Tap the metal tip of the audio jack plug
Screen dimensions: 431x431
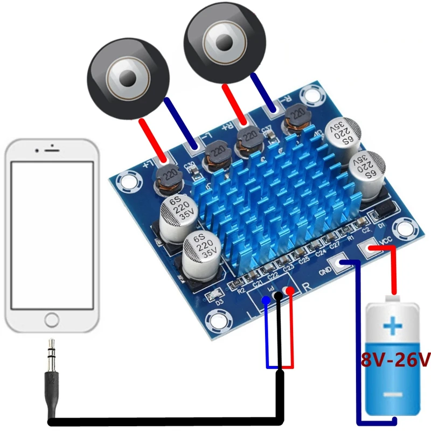52,345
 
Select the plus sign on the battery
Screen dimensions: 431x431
393,326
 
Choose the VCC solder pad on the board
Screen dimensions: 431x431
371,248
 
